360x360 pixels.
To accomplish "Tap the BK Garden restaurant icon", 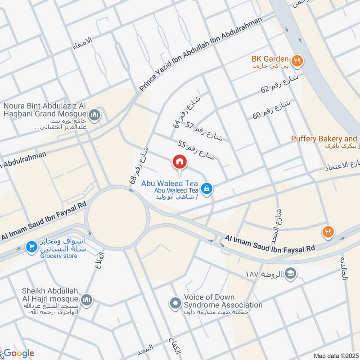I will [x=297, y=59].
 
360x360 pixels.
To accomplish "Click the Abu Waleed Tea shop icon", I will [x=207, y=189].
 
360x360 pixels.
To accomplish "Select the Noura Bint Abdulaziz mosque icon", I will [x=94, y=116].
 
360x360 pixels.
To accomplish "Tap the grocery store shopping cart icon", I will [x=31, y=247].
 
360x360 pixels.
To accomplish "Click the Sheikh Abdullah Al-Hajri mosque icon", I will [x=87, y=300].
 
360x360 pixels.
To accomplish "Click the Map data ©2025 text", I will [x=335, y=355].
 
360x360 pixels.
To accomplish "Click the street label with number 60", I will [x=272, y=109].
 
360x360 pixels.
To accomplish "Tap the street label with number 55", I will [x=197, y=151].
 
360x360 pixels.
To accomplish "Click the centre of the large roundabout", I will [x=117, y=218].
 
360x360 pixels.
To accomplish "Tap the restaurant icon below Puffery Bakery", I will [x=327, y=232].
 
